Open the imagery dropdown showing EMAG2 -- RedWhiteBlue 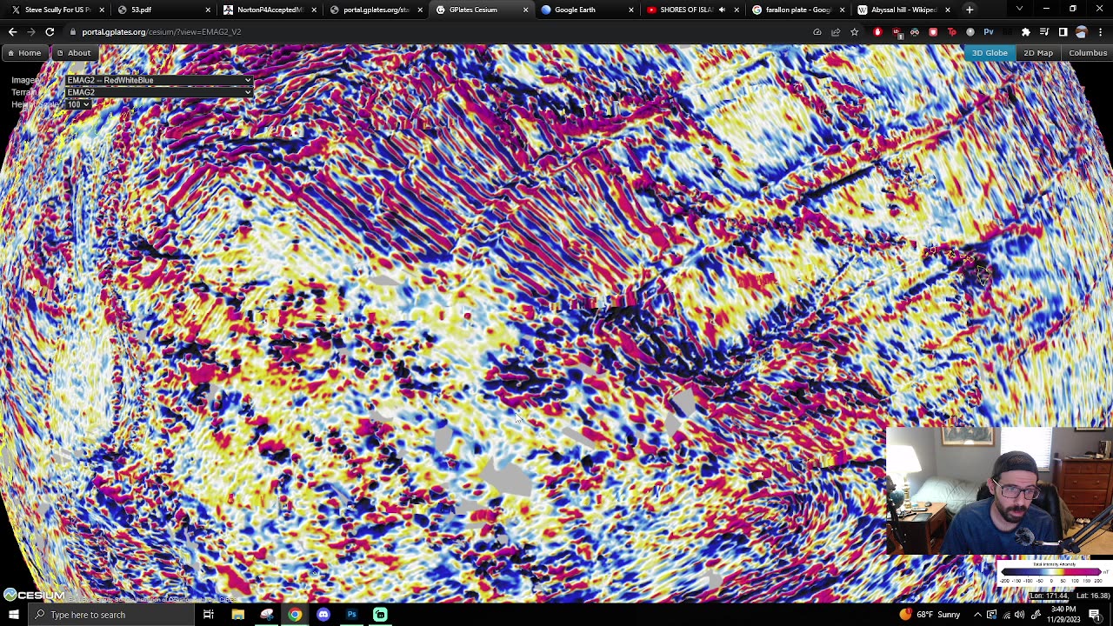click(159, 80)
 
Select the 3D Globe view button click(990, 53)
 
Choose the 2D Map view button click(1038, 53)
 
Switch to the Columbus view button click(1088, 53)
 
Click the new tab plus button click(970, 10)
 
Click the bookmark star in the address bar click(854, 32)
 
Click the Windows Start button click(13, 615)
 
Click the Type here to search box click(113, 615)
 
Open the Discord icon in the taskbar click(323, 615)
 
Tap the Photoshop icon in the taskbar click(351, 615)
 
